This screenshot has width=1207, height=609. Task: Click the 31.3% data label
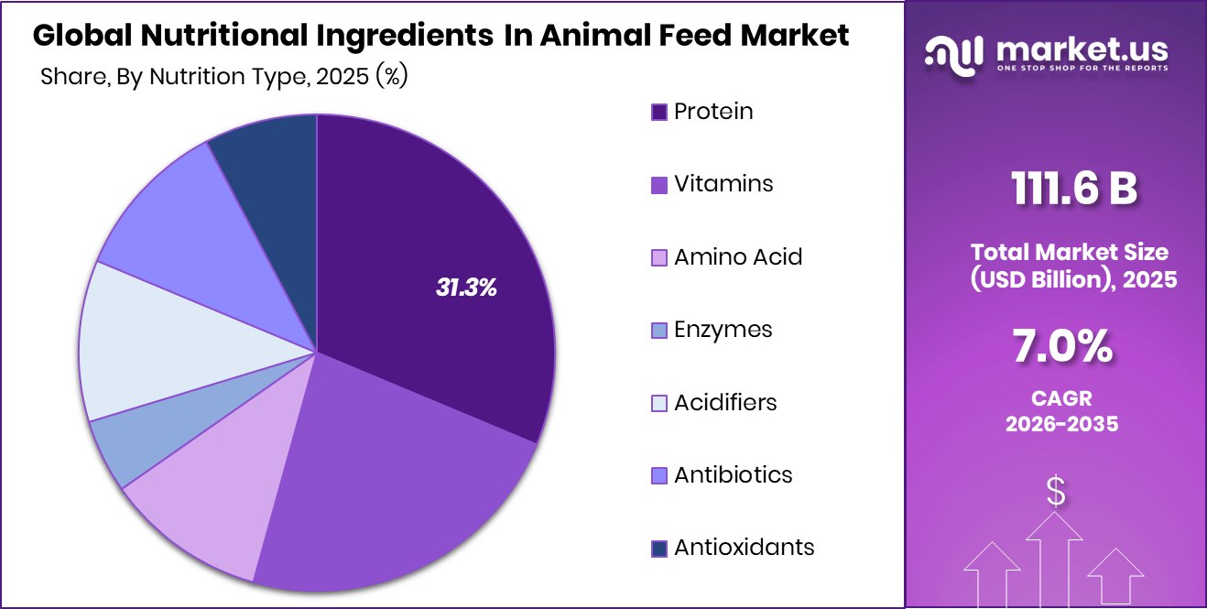pos(466,288)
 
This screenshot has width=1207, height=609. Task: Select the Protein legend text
pos(713,112)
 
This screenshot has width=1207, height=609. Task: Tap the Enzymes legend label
pos(723,330)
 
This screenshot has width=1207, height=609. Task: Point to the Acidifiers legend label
pos(725,402)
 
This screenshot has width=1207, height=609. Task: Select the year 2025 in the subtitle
pos(340,78)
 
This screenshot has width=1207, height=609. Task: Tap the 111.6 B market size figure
pos(1074,190)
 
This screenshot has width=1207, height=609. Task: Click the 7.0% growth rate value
pos(1062,348)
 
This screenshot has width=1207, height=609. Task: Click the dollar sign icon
pos(1056,492)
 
